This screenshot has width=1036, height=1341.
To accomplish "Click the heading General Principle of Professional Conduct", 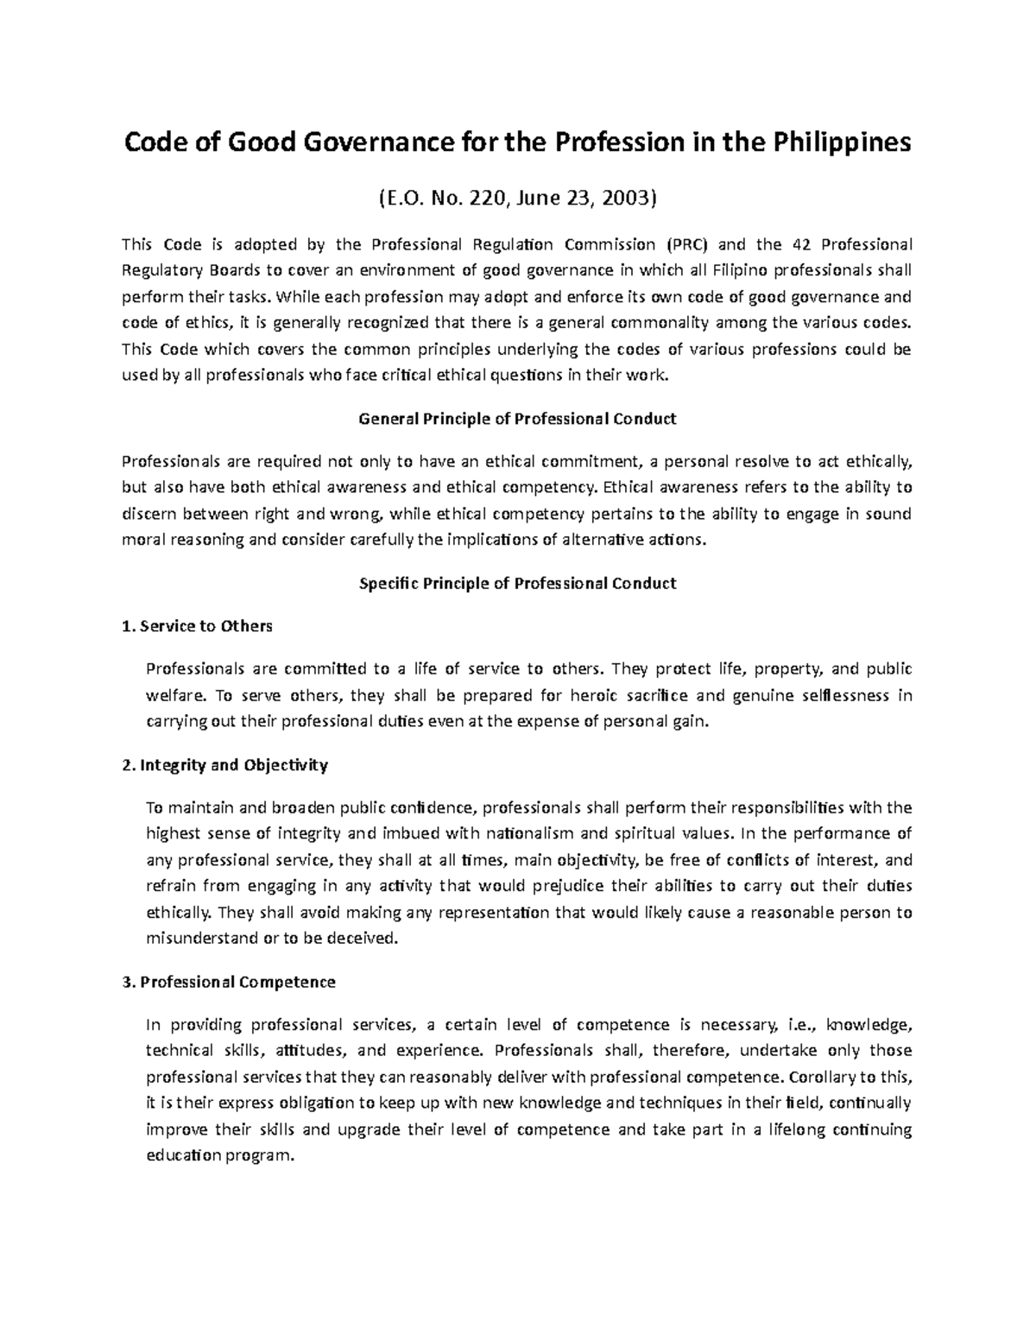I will [517, 419].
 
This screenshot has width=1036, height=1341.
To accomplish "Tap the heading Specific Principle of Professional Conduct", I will [517, 583].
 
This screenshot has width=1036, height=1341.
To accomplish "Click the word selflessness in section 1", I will [832, 696].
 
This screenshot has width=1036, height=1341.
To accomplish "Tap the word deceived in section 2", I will [367, 938].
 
